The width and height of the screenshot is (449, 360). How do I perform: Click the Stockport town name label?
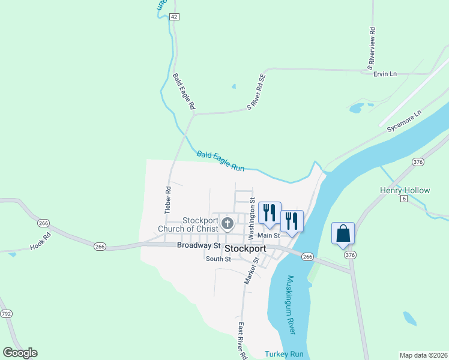(245, 248)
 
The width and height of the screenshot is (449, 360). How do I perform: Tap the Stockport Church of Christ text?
(188, 224)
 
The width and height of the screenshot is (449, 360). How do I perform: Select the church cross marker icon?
(228, 224)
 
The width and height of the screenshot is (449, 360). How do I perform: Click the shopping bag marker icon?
(343, 233)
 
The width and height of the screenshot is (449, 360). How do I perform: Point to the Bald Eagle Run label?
(221, 161)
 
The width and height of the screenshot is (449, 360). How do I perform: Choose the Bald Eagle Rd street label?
(184, 91)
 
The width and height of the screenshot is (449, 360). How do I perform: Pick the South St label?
(218, 259)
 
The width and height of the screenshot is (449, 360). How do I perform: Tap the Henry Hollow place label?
(405, 190)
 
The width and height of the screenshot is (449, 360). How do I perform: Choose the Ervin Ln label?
(385, 74)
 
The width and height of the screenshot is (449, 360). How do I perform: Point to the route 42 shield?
(173, 17)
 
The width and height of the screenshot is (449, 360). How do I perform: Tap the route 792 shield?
(7, 313)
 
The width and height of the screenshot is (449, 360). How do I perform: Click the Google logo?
(20, 353)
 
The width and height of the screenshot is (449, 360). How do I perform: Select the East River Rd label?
(243, 341)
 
